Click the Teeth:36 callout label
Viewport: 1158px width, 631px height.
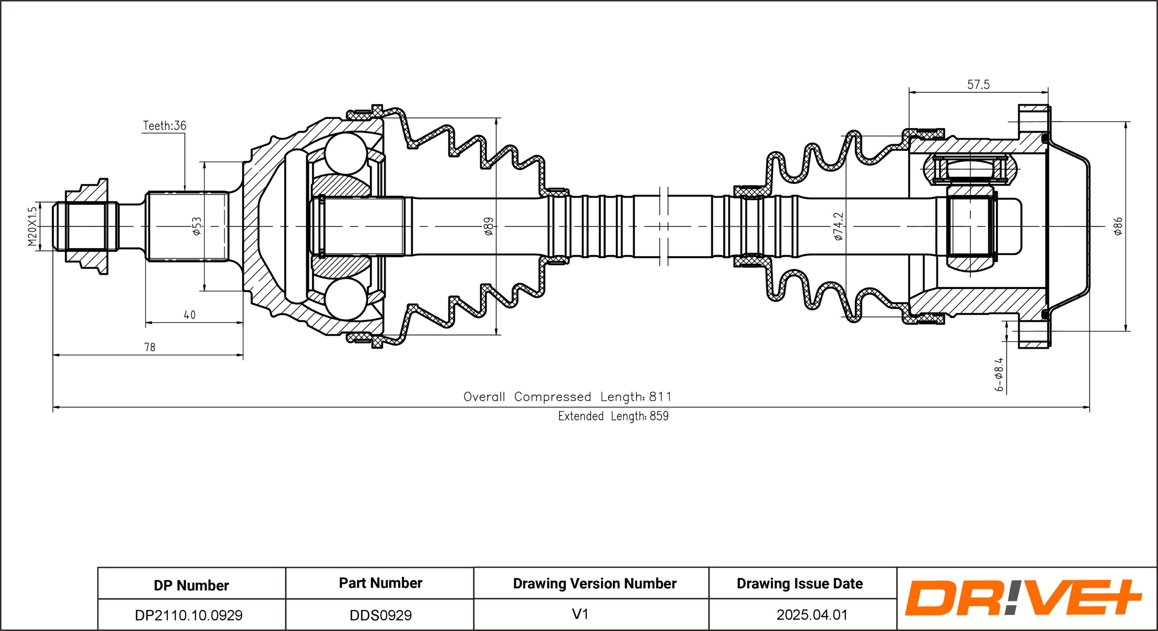point(164,125)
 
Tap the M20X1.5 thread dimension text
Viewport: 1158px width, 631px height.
point(32,226)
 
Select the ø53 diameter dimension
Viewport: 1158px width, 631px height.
point(197,226)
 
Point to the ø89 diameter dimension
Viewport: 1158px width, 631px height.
point(489,226)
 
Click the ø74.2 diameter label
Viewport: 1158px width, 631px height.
point(838,226)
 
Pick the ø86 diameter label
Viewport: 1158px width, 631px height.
point(1118,226)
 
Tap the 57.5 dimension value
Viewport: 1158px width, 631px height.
point(978,85)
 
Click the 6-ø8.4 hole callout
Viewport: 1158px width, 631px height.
point(999,375)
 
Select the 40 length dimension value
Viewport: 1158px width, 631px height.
point(189,315)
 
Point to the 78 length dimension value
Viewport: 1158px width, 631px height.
point(150,347)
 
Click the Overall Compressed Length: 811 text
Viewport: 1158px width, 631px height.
point(567,397)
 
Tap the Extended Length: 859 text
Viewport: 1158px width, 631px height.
point(613,416)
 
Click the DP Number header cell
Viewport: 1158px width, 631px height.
point(191,585)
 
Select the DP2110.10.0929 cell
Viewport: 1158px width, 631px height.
point(189,615)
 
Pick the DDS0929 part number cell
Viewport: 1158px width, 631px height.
point(381,615)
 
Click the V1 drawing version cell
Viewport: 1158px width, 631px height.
point(580,614)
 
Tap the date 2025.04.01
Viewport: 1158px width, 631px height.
point(812,615)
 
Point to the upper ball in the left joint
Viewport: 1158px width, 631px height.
point(346,154)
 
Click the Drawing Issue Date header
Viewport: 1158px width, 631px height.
point(800,584)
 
